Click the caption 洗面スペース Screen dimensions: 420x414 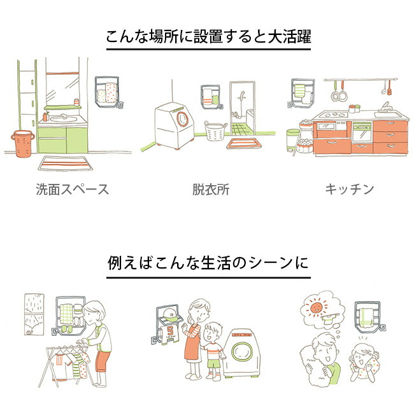[72, 189]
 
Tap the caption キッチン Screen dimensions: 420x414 [349, 189]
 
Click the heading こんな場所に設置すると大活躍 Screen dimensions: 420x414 [208, 38]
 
